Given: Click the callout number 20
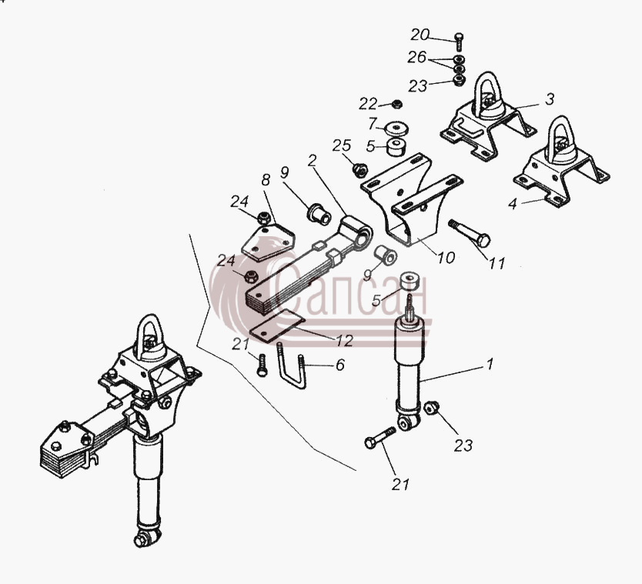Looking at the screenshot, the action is click(x=420, y=35).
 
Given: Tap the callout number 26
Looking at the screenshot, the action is click(x=416, y=57).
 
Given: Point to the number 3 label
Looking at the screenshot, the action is click(x=550, y=98).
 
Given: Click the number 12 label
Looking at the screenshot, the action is click(x=344, y=341).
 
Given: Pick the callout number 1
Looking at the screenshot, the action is click(x=490, y=364).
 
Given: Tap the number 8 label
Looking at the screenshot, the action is click(x=266, y=179).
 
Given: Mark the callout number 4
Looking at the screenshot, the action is click(x=512, y=204).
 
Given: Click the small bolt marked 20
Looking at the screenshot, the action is click(x=459, y=42).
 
